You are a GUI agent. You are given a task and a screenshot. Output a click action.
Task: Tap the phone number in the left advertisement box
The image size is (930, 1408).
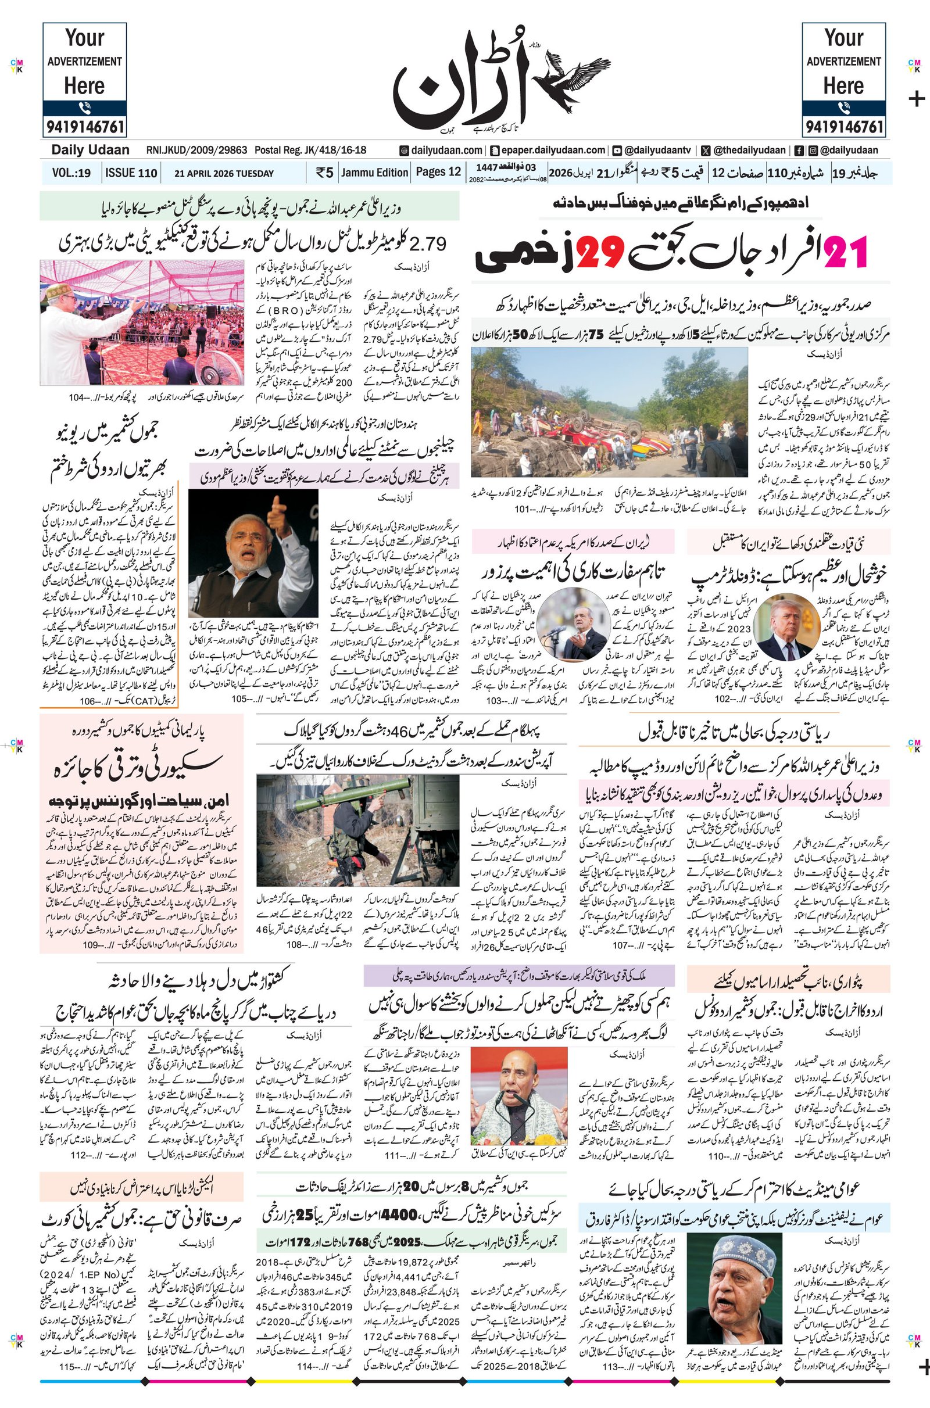(x=84, y=126)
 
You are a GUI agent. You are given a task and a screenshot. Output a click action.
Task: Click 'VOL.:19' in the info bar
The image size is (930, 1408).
(x=71, y=173)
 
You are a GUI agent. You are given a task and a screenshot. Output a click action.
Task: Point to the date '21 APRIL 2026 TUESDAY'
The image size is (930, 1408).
(x=224, y=174)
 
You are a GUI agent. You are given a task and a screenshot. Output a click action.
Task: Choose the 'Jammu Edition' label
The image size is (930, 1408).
(x=374, y=173)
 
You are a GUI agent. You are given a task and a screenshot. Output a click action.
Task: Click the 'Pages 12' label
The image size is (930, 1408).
(x=438, y=172)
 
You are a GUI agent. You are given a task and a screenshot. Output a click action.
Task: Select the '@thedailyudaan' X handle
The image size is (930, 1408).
(x=749, y=151)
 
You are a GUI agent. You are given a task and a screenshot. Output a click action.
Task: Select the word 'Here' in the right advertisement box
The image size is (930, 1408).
(x=843, y=87)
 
